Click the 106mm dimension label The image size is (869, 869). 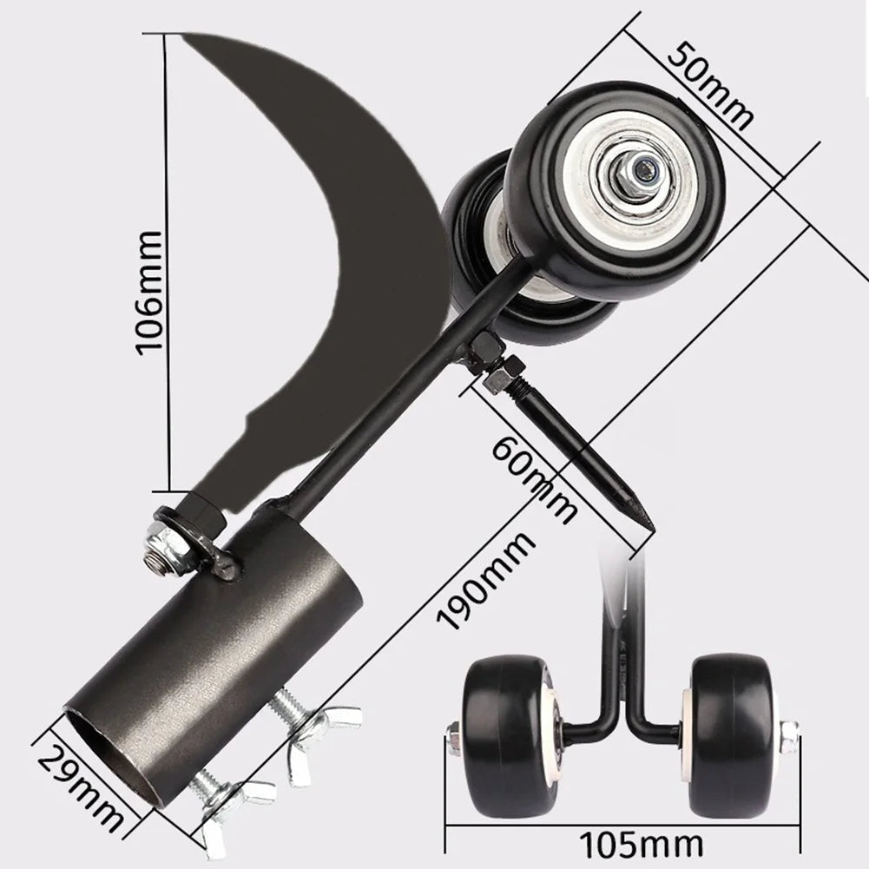click(x=148, y=291)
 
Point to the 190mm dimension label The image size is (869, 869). click(x=485, y=582)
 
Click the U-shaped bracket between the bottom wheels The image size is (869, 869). click(x=621, y=721)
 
